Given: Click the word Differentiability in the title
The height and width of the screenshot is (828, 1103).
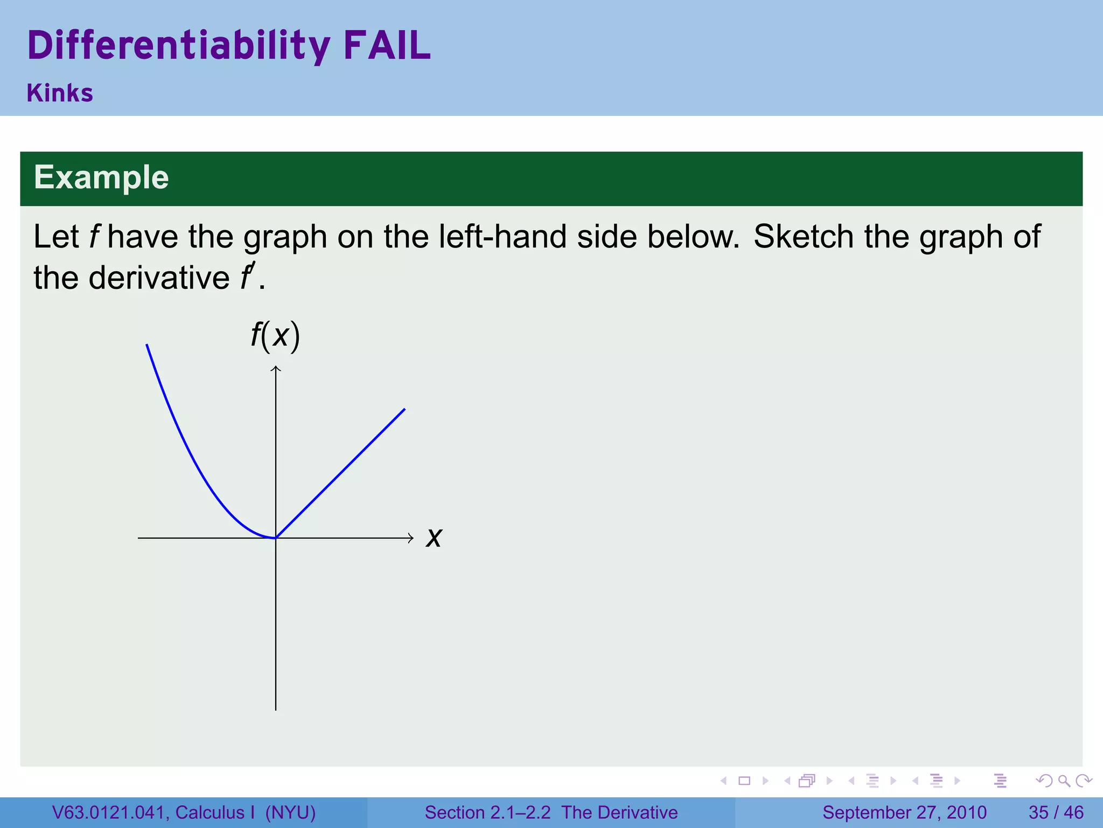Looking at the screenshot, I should click(x=178, y=46).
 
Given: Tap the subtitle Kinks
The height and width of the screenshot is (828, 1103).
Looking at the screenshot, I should click(x=60, y=93).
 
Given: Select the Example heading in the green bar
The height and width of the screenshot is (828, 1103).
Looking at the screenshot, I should click(x=101, y=177).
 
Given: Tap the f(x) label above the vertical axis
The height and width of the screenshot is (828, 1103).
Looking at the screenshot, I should click(x=275, y=336).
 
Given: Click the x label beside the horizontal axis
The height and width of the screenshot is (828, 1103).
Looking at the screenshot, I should click(x=434, y=537).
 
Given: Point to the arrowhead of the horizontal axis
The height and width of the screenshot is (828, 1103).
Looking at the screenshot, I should click(x=411, y=537).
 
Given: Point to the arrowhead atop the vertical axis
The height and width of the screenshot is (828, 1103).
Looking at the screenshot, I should click(x=276, y=369).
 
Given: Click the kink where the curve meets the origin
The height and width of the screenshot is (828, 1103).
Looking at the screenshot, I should click(x=276, y=537).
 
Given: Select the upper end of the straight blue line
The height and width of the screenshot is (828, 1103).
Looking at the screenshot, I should click(x=404, y=410).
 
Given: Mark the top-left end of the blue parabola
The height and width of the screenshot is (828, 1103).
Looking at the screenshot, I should click(x=147, y=345).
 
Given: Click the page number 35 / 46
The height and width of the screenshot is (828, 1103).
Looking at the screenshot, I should click(x=1056, y=812).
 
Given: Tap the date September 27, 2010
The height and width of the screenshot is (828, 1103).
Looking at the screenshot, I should click(x=904, y=812).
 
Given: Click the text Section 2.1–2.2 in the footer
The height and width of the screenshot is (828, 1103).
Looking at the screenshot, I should click(x=487, y=812).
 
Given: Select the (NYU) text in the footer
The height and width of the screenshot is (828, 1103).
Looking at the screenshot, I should click(x=290, y=812).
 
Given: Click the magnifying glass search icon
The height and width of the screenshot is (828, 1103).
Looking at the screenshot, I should click(x=1064, y=781).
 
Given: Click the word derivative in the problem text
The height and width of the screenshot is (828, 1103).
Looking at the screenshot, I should click(x=159, y=278).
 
